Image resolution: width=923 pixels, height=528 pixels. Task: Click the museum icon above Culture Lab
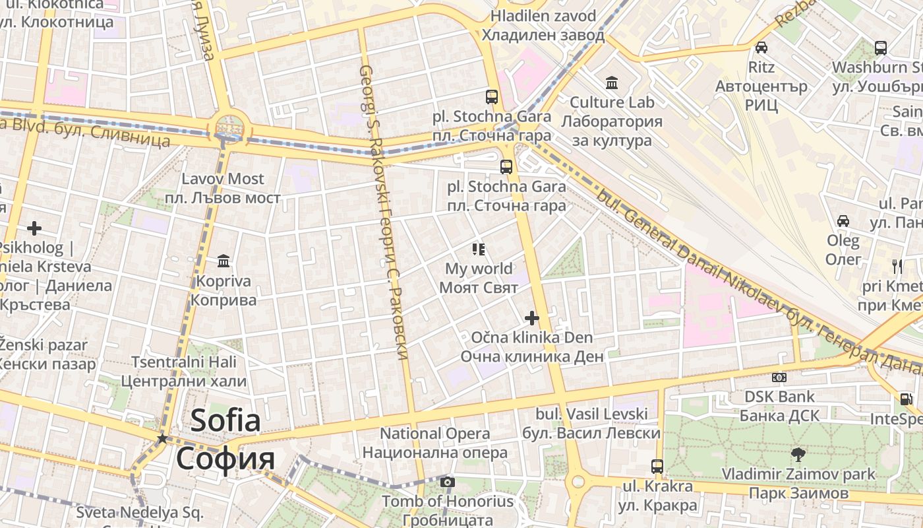point(612,83)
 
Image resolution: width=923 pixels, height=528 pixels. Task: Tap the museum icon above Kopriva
point(223,261)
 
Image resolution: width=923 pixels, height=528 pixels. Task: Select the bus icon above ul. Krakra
point(657,466)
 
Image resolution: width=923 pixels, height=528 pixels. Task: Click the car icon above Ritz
point(761,48)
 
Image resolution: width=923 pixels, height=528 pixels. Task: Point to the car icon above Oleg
point(843,220)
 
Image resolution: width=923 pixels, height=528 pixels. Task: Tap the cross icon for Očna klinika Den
point(531,318)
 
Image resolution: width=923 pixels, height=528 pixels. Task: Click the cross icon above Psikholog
point(34,228)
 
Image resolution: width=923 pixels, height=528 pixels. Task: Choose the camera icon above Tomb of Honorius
point(448,482)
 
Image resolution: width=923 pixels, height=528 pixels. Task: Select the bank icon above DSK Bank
point(779,378)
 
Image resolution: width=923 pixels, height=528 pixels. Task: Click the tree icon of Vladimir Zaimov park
point(798,454)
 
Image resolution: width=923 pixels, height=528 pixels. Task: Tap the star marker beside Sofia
point(162,438)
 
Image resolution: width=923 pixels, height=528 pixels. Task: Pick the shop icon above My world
point(479,249)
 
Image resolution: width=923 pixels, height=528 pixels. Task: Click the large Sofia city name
point(225,439)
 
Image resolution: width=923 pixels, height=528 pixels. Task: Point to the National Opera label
point(435,443)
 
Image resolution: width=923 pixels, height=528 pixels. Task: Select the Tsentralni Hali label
point(184,371)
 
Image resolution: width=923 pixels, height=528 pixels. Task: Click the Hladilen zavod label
point(543,25)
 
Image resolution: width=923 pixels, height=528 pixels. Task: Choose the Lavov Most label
point(231,188)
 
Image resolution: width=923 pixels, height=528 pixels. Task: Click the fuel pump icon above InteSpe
point(905,399)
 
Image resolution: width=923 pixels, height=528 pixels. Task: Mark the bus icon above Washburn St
point(881,48)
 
